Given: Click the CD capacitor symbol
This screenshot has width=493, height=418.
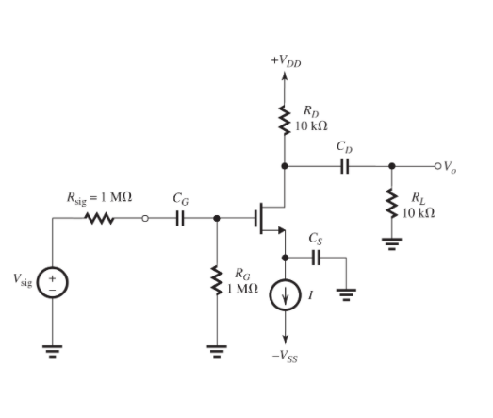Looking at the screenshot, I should [344, 166].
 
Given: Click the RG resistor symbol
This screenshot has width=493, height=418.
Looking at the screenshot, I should [219, 280].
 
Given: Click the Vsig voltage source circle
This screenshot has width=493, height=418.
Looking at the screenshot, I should [57, 283].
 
